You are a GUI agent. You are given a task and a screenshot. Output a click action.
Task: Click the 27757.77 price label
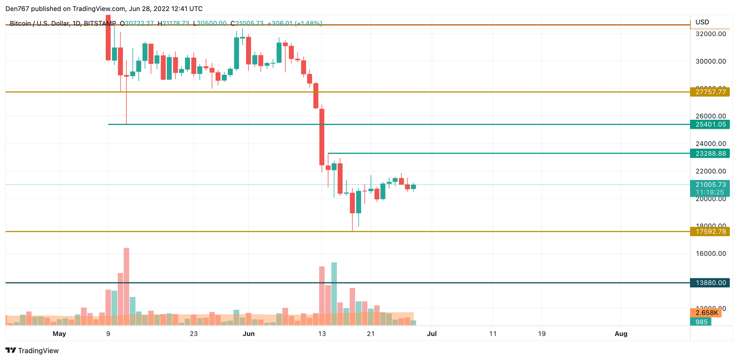[x=710, y=92]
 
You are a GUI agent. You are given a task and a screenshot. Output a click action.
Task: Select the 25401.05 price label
[x=710, y=124]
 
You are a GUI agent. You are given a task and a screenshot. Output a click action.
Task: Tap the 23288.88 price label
[x=710, y=153]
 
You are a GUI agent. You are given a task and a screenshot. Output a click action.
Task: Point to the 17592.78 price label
[x=710, y=232]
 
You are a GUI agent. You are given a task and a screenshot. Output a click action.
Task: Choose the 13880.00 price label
[x=710, y=283]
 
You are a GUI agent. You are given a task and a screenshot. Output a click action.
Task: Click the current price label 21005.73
[x=710, y=185]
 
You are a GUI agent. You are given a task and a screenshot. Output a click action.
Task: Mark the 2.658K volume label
[x=706, y=313]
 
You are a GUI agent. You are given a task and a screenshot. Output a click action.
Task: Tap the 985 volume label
[x=701, y=322]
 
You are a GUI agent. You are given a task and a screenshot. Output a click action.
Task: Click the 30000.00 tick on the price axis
[x=709, y=62]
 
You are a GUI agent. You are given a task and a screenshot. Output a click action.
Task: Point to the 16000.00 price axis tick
[x=709, y=253]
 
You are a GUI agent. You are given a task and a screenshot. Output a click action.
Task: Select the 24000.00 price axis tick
[x=709, y=144]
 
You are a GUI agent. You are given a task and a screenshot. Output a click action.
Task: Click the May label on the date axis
[x=59, y=334]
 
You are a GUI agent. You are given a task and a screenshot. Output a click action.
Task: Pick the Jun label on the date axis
[x=249, y=334]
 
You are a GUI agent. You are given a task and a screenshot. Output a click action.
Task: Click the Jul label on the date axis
[x=432, y=334]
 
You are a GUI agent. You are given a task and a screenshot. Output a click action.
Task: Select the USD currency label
[x=702, y=22]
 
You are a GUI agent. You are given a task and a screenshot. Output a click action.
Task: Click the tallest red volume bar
[x=126, y=286]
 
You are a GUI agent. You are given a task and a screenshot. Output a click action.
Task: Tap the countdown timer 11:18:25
[x=710, y=192]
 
